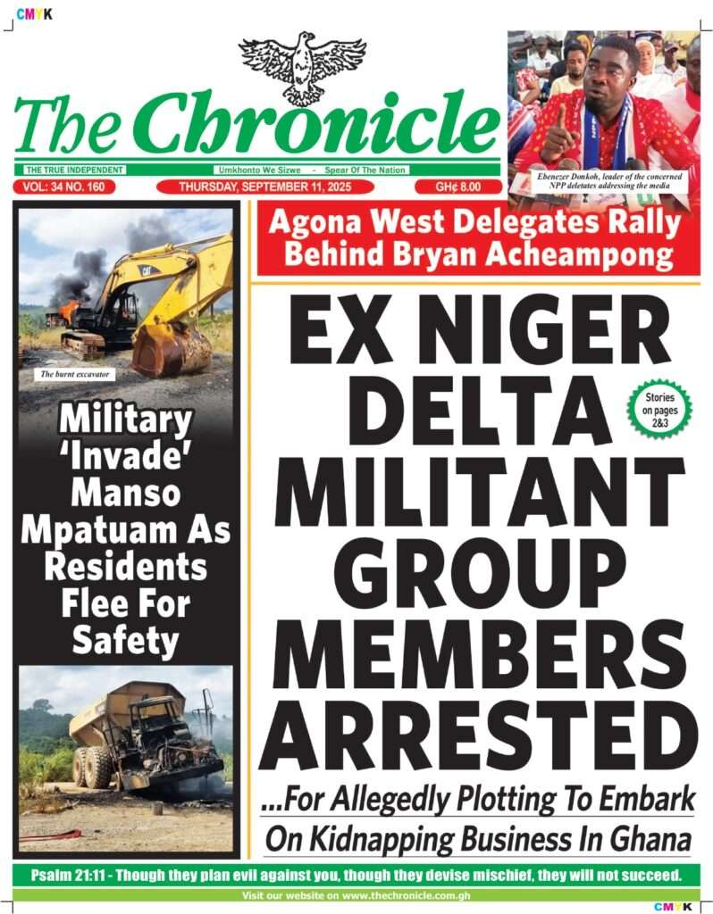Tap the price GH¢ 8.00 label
click(457, 187)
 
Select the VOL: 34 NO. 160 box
click(59, 187)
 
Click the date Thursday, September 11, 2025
click(263, 187)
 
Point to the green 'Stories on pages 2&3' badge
click(658, 408)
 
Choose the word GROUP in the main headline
click(473, 573)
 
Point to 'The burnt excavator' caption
click(75, 374)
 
